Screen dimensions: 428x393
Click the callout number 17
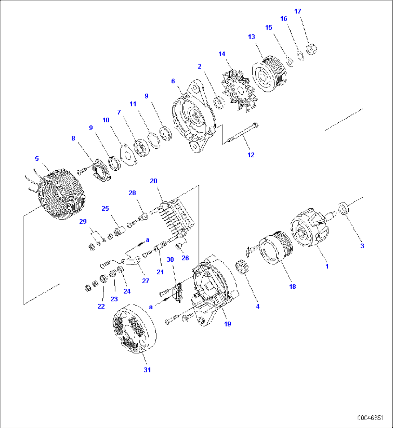(297, 11)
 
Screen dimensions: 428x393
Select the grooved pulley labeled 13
(270, 74)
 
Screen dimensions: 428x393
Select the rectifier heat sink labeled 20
(177, 220)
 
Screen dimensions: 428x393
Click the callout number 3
(362, 246)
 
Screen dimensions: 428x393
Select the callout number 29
(83, 221)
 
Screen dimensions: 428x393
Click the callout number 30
(170, 259)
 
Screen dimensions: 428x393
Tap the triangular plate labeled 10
(128, 155)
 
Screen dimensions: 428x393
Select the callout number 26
(185, 258)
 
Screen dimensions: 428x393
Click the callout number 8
(73, 138)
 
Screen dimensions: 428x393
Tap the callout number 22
(101, 306)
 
